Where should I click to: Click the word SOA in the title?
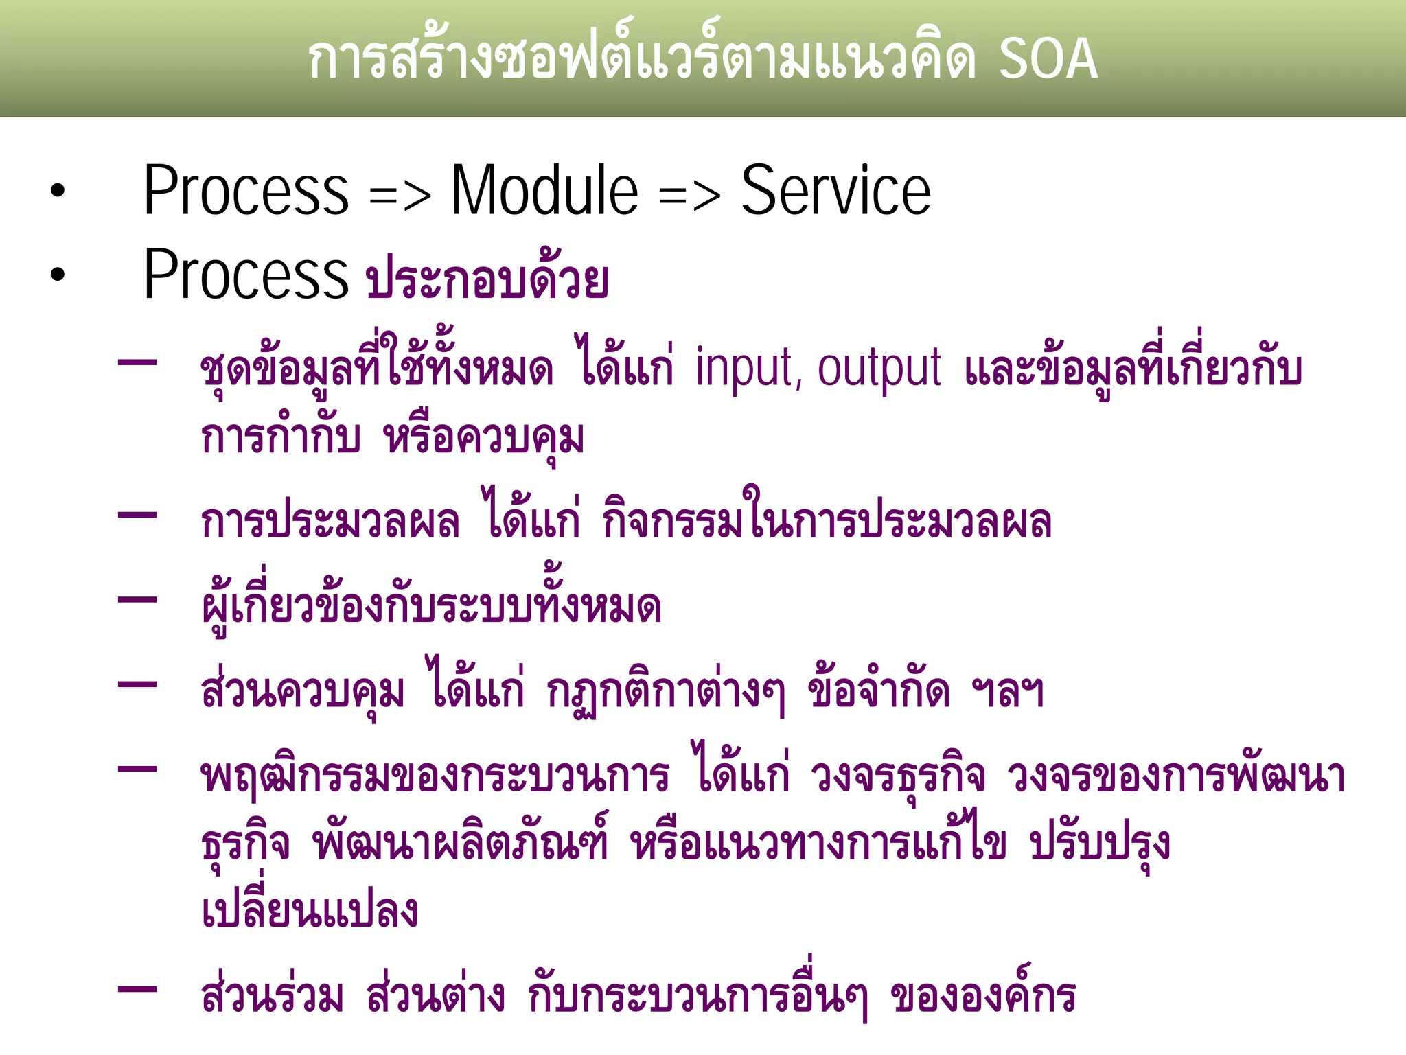coord(1048,59)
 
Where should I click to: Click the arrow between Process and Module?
coord(400,196)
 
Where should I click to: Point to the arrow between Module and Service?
coord(689,196)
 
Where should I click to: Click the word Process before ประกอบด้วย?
coord(246,275)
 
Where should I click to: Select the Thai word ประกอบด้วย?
coord(487,278)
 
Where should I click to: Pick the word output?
coord(879,369)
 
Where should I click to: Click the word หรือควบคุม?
coord(484,437)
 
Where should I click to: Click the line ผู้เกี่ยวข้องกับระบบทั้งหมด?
coord(431,605)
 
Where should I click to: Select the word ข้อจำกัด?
coord(879,690)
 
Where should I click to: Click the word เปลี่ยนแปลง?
coord(310,911)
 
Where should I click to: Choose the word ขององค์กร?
coord(983,996)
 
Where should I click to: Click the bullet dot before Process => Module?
coord(58,192)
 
